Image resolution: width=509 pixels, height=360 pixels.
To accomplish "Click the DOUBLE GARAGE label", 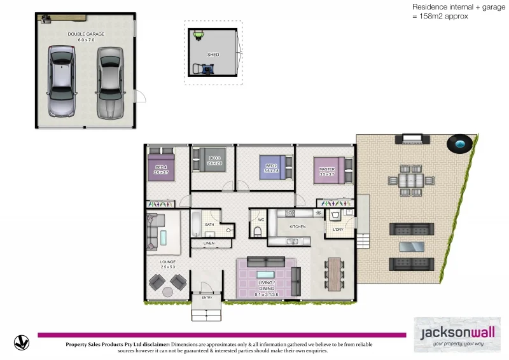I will (86, 34).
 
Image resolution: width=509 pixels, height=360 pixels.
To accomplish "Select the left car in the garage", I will (60, 81).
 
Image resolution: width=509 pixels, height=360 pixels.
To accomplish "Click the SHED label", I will (213, 55).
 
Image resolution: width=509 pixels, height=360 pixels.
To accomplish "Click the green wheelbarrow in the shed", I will (198, 34).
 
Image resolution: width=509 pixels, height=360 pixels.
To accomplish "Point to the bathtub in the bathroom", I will (195, 225).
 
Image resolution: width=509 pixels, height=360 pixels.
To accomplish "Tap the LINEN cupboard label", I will (209, 244).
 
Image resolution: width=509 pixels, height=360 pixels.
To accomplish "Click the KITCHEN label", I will (298, 226).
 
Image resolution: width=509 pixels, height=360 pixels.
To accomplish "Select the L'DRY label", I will (337, 229).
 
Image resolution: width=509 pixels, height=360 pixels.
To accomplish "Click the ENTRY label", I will (207, 297).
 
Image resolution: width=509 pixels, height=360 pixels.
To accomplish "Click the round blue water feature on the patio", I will (460, 144).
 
